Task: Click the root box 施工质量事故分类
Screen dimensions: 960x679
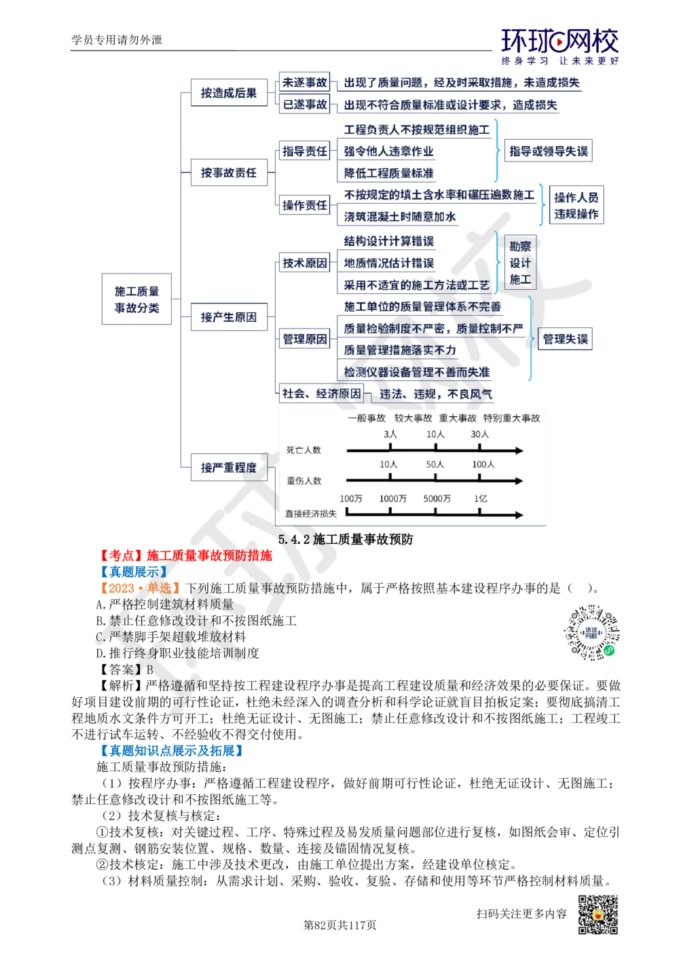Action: click(136, 299)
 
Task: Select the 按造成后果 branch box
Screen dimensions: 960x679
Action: click(229, 94)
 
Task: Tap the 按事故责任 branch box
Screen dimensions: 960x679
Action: click(229, 173)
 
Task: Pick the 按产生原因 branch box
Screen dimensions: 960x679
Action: click(229, 317)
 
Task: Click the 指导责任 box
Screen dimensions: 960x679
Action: click(305, 151)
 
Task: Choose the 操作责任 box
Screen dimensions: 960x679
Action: click(305, 205)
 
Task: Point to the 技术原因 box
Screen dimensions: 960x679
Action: click(305, 263)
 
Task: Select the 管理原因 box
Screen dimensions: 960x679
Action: click(305, 339)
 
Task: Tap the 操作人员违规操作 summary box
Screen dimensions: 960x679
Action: click(576, 206)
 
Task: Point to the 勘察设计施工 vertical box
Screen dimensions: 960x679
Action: click(520, 263)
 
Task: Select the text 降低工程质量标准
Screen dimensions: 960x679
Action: click(388, 173)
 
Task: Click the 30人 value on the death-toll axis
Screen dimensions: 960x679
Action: click(479, 434)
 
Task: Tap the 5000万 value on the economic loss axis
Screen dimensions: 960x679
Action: click(437, 498)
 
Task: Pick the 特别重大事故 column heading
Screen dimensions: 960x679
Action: click(511, 418)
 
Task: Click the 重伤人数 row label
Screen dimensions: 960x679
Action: click(304, 481)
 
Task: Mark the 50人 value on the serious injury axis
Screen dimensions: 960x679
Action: click(435, 465)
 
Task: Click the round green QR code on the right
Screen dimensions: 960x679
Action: click(591, 633)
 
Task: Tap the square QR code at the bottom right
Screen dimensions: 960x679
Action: click(597, 915)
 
